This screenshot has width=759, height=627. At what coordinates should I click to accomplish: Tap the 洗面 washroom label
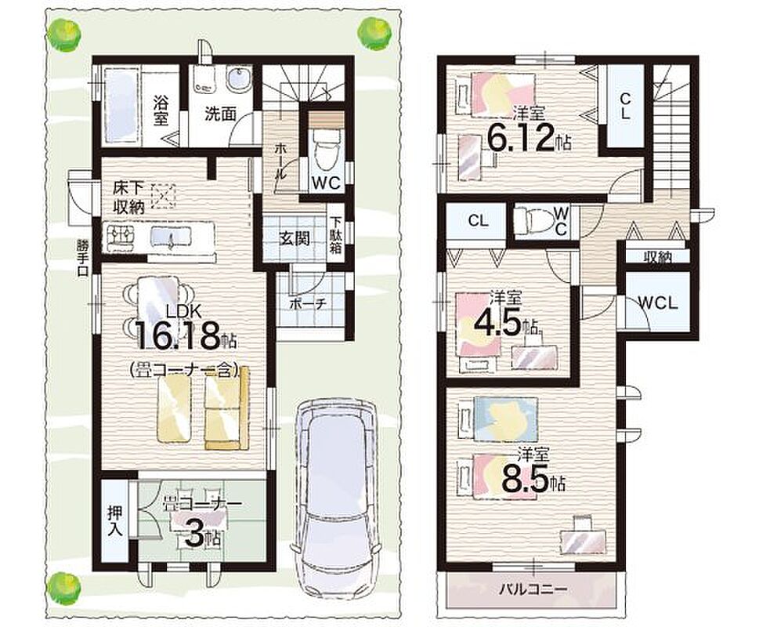220,114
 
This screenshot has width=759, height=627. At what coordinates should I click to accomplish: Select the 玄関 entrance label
295,238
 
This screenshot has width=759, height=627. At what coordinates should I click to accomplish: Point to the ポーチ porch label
308,304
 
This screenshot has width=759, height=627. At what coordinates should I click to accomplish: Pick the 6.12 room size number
520,138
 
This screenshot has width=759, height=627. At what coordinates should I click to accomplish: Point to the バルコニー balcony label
533,589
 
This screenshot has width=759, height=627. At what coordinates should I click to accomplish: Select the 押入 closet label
115,521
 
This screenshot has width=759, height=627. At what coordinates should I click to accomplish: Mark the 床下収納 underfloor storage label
129,198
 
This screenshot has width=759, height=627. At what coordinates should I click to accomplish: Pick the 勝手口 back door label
81,258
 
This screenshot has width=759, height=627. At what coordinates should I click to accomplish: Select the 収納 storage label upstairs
657,258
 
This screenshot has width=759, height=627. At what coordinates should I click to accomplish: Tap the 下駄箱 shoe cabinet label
335,235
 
